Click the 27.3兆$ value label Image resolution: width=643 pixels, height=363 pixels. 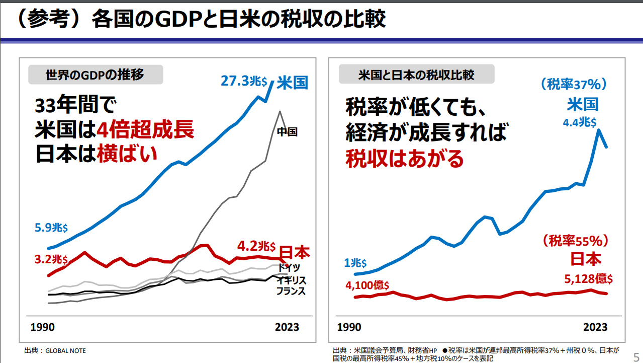click(245, 81)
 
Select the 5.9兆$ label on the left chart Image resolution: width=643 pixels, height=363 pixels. click(51, 228)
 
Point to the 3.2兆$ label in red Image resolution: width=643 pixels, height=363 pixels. click(51, 259)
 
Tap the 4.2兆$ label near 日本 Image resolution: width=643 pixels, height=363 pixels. click(256, 246)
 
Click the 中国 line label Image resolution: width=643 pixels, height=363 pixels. click(288, 132)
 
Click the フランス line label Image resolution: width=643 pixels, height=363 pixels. click(291, 291)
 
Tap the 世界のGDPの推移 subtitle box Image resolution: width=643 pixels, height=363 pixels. click(95, 75)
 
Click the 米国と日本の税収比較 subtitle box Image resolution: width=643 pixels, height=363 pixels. click(416, 75)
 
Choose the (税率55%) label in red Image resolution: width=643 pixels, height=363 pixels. click(576, 241)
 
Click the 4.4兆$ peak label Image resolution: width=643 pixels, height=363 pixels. click(579, 122)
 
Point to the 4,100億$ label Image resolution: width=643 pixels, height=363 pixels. click(367, 285)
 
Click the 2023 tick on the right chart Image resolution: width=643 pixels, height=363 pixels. click(595, 327)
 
